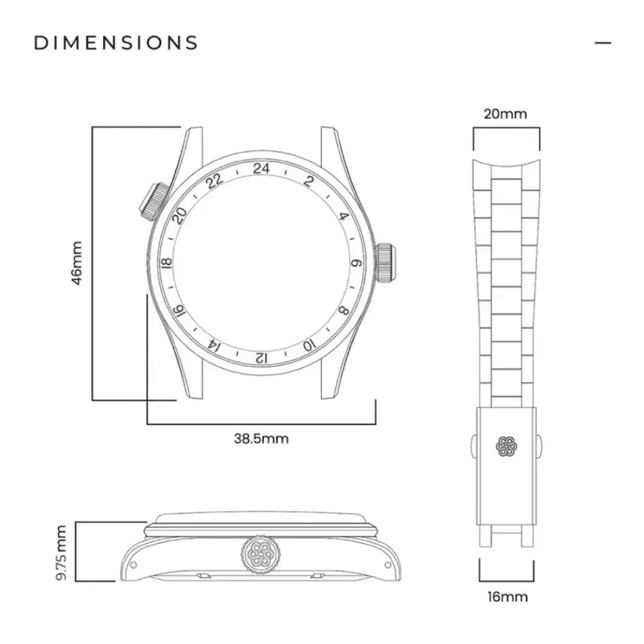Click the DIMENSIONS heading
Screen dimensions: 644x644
pos(116,43)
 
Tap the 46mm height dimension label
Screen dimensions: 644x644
pos(77,263)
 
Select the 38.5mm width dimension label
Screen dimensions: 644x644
pos(261,439)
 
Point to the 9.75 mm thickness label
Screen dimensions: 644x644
pos(61,553)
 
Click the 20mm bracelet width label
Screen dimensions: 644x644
pos(505,114)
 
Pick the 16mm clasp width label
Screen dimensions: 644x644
pos(508,597)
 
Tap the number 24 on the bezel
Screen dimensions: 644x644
pos(261,169)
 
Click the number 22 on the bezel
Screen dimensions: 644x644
pos(214,181)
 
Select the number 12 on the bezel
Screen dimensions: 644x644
pos(261,357)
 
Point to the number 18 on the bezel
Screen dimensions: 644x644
pos(167,263)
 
